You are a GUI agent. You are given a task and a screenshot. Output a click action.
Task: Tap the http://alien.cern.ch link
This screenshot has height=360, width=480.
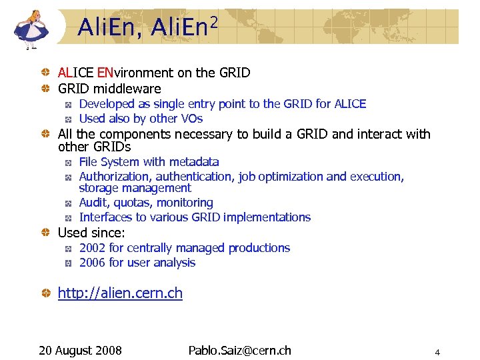tap(120, 293)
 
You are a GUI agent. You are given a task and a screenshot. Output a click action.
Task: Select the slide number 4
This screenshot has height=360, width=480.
tap(437, 352)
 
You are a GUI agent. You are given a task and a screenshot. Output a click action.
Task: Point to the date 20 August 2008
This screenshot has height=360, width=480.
tap(80, 351)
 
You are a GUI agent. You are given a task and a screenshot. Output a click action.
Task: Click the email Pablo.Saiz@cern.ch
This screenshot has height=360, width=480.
tap(239, 351)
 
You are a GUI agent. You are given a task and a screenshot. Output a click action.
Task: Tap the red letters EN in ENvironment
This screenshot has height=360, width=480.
tap(105, 73)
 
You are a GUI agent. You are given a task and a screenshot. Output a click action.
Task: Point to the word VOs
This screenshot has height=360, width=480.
tap(191, 119)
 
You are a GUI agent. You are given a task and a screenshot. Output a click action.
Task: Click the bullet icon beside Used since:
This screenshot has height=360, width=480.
tap(47, 233)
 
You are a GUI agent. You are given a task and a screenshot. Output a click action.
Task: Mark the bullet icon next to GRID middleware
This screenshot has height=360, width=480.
tap(47, 89)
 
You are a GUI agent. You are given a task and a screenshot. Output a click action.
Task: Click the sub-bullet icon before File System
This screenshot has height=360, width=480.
tap(68, 163)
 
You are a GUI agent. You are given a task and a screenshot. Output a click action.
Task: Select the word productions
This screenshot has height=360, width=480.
tap(259, 248)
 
